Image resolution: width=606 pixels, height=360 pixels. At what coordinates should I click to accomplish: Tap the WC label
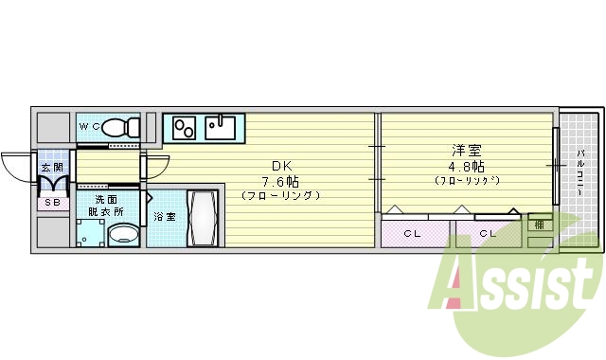tap(89, 126)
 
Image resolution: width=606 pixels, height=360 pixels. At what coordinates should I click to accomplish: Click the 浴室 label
tap(165, 218)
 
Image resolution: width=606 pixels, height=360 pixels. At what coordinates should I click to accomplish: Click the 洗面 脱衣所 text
tap(106, 206)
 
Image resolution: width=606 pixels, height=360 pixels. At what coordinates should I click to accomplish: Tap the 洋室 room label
tap(466, 150)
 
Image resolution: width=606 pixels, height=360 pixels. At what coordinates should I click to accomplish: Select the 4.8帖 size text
tap(466, 165)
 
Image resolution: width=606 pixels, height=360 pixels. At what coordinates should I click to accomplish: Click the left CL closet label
tap(414, 233)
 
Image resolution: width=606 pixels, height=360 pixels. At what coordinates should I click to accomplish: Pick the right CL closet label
tap(488, 233)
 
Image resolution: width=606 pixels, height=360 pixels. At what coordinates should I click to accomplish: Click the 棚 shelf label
tap(538, 225)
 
